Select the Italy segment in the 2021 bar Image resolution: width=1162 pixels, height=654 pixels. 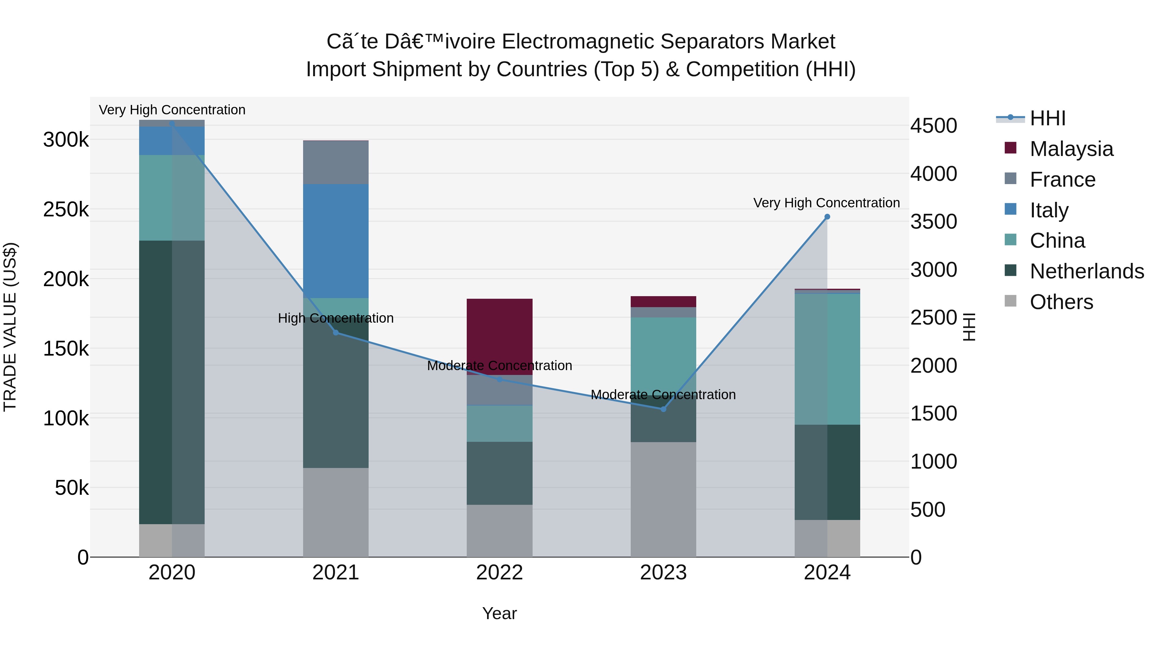tap(336, 241)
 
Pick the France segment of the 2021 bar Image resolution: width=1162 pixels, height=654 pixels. tap(336, 162)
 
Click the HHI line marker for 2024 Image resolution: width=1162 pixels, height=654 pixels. tap(827, 217)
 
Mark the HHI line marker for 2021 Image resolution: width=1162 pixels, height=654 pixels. tap(336, 333)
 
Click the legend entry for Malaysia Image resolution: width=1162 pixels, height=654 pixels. tap(1071, 149)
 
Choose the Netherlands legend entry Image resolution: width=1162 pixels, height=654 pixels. tap(1086, 271)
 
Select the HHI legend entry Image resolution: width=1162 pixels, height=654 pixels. tap(1047, 118)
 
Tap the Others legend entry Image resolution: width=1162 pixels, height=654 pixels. tap(1061, 302)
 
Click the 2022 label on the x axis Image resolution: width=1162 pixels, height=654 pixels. tap(499, 573)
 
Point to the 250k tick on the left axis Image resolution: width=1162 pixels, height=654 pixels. tap(66, 209)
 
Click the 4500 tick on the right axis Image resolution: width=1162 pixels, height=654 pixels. tap(933, 126)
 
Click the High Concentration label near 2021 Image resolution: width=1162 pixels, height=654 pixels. tap(336, 318)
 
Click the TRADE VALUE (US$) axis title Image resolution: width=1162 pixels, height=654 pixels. tap(10, 327)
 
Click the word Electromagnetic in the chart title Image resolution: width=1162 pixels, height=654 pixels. tap(578, 42)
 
